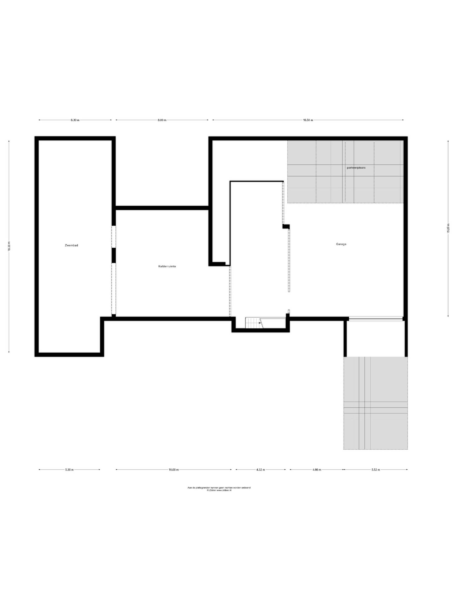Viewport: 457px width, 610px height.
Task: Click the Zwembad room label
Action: tap(71, 245)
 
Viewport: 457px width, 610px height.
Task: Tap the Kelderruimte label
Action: tap(167, 266)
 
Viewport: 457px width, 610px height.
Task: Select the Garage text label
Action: tap(341, 244)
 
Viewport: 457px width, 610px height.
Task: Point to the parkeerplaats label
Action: tap(356, 168)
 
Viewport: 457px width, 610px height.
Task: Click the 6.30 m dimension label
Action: tap(75, 120)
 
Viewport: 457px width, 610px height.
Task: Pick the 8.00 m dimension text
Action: tap(162, 120)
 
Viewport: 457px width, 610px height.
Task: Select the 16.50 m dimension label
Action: tap(308, 120)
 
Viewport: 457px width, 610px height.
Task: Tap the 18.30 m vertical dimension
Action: tap(9, 247)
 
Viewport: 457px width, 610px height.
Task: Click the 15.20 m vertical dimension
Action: tap(448, 228)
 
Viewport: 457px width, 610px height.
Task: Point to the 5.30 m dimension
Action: tap(69, 470)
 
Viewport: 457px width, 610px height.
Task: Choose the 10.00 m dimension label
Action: tap(173, 470)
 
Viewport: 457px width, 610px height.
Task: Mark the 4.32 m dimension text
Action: tap(260, 470)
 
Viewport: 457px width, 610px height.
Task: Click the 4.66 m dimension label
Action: tap(317, 470)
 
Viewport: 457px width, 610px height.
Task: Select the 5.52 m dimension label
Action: tap(375, 470)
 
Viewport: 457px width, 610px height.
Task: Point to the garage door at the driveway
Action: tap(375, 319)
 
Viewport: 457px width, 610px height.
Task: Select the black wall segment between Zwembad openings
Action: tap(114, 256)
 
